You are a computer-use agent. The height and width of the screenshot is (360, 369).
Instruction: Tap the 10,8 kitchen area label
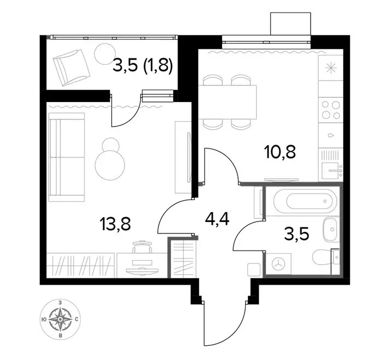[x=279, y=152]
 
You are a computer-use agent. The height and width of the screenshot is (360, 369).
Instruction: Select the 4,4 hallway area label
[x=217, y=220]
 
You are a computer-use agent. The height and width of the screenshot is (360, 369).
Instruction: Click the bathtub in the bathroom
[x=305, y=201]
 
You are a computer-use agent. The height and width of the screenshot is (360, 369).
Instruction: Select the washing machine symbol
[x=278, y=263]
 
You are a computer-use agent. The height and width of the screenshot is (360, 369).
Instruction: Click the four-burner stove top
[x=331, y=110]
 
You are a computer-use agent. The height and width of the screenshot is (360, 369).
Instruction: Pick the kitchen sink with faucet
[x=332, y=170]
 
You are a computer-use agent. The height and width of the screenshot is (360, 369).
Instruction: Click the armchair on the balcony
[x=72, y=68]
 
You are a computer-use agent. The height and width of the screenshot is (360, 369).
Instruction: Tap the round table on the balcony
[x=105, y=54]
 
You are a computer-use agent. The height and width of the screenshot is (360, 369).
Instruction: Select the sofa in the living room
[x=67, y=157]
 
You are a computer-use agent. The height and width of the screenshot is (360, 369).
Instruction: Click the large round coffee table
[x=110, y=165]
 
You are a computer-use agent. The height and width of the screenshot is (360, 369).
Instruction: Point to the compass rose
[x=60, y=319]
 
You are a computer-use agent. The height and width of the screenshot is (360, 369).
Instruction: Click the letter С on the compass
[x=76, y=319]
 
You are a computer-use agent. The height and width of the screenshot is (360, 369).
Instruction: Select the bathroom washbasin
[x=331, y=229]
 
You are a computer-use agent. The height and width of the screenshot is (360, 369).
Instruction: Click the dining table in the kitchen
[x=227, y=103]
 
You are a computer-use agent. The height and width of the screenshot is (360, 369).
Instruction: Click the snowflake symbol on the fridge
[x=331, y=68]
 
